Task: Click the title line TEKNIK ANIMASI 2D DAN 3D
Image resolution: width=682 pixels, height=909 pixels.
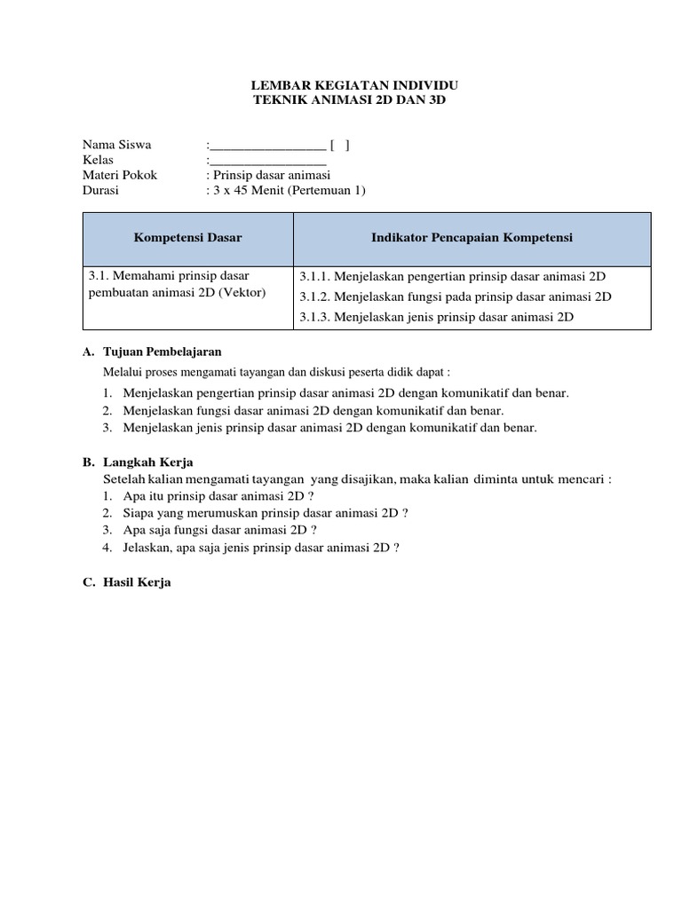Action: (351, 100)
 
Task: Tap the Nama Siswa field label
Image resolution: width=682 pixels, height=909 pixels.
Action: (116, 145)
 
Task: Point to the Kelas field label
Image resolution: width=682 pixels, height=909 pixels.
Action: (98, 160)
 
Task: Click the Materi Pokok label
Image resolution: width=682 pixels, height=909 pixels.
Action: (120, 175)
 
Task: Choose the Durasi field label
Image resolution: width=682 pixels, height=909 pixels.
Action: (101, 190)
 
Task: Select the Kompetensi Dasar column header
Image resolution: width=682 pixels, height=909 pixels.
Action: (187, 238)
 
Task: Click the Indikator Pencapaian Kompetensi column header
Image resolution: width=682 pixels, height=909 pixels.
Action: (472, 238)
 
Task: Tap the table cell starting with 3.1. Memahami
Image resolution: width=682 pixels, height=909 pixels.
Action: (177, 284)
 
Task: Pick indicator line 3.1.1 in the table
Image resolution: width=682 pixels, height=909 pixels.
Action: (453, 276)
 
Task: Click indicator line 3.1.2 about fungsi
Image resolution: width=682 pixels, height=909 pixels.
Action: (456, 296)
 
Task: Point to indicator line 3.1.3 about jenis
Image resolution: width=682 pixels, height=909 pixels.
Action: (437, 316)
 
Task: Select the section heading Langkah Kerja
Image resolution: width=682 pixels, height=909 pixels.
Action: (148, 462)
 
